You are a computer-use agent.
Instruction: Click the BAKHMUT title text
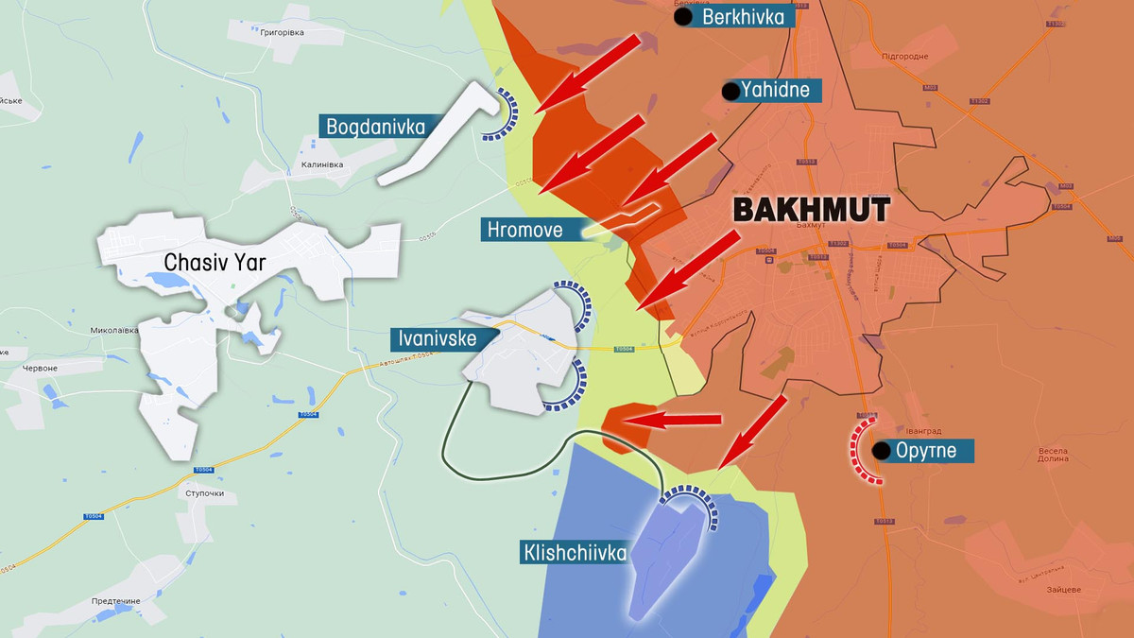pyautogui.click(x=811, y=210)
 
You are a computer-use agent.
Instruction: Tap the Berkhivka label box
pyautogui.click(x=742, y=16)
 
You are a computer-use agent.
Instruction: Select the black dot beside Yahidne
pyautogui.click(x=730, y=92)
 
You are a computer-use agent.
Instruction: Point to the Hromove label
pyautogui.click(x=525, y=229)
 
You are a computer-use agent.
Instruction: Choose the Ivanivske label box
pyautogui.click(x=435, y=337)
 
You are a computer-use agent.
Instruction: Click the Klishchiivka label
pyautogui.click(x=573, y=552)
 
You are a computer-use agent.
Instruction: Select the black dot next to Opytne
pyautogui.click(x=881, y=451)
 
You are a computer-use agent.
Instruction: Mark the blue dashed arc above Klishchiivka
pyautogui.click(x=692, y=499)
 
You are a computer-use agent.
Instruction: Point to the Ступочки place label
pyautogui.click(x=205, y=494)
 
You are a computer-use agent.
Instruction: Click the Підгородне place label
pyautogui.click(x=904, y=57)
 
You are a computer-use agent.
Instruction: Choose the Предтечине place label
pyautogui.click(x=116, y=601)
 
